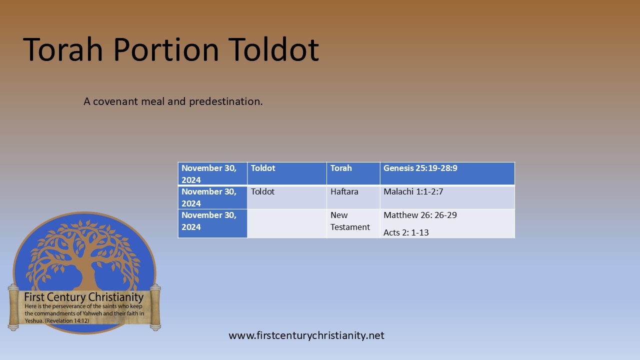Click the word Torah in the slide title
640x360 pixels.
click(64, 49)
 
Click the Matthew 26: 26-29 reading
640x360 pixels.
click(420, 215)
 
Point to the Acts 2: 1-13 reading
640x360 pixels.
click(406, 232)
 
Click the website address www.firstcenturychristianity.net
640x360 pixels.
click(306, 335)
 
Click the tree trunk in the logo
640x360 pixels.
click(84, 270)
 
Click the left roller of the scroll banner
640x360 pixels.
click(13, 306)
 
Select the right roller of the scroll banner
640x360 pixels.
click(155, 306)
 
